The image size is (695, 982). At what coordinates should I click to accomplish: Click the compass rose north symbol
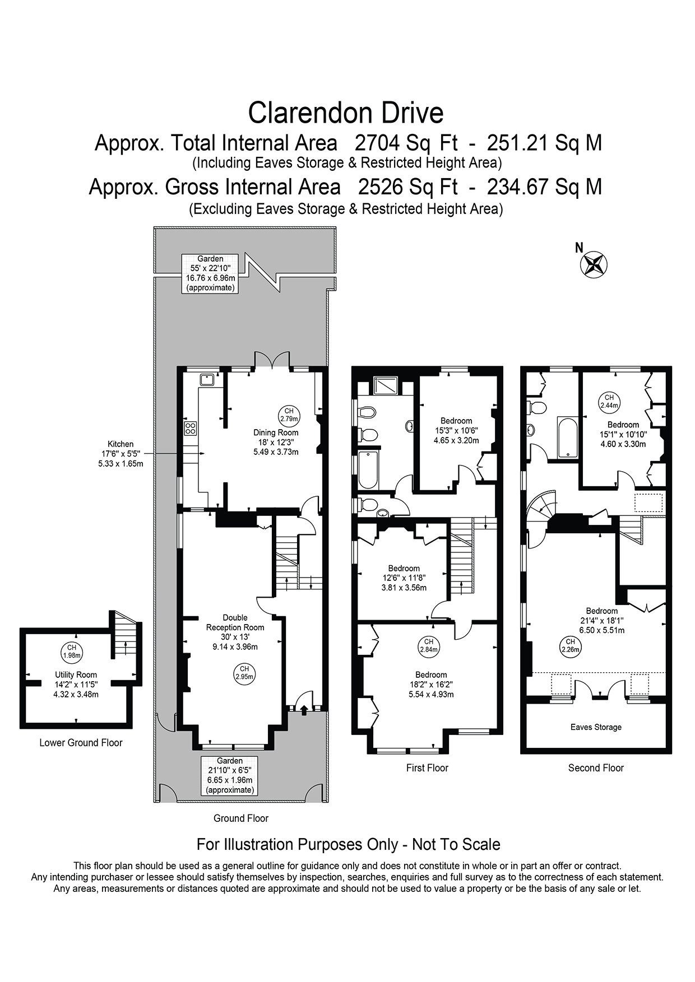[x=594, y=264]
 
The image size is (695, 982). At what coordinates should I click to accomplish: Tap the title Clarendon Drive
[x=346, y=113]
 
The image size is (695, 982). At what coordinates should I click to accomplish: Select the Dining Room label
[x=276, y=432]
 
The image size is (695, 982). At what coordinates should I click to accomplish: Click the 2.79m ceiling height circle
[x=289, y=415]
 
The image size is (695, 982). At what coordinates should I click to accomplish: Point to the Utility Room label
[x=76, y=675]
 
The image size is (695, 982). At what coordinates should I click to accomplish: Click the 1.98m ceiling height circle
[x=72, y=651]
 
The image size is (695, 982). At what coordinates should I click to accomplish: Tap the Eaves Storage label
[x=596, y=727]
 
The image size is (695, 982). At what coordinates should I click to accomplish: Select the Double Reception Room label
[x=235, y=622]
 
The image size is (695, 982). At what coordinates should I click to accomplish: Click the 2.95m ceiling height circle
[x=244, y=673]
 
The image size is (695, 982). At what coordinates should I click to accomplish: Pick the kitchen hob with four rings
[x=191, y=429]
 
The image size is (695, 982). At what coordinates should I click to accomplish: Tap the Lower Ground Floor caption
[x=81, y=743]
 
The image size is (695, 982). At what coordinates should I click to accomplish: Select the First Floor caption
[x=427, y=768]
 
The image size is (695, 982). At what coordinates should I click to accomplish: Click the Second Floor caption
[x=596, y=768]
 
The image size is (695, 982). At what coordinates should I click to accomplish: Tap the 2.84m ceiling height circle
[x=429, y=646]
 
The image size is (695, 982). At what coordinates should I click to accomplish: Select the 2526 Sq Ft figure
[x=408, y=186]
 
